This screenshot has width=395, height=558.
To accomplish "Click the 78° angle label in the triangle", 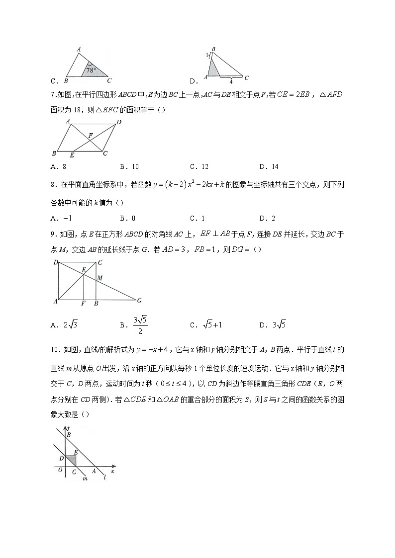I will [x=91, y=71].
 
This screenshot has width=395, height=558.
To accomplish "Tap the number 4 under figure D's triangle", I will [x=231, y=81].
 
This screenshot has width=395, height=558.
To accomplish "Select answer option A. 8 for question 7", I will [x=56, y=166].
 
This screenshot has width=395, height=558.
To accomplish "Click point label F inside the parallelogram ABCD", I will [x=90, y=135].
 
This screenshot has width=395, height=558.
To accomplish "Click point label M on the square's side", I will [x=100, y=278].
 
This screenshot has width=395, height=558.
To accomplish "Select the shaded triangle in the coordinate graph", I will [x=71, y=460].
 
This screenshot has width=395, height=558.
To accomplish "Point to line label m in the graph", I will [x=85, y=478].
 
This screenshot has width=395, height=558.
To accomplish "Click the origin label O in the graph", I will [x=60, y=471].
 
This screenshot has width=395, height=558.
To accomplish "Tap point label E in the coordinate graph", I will [x=76, y=452].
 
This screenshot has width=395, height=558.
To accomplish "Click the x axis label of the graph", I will [x=113, y=471].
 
